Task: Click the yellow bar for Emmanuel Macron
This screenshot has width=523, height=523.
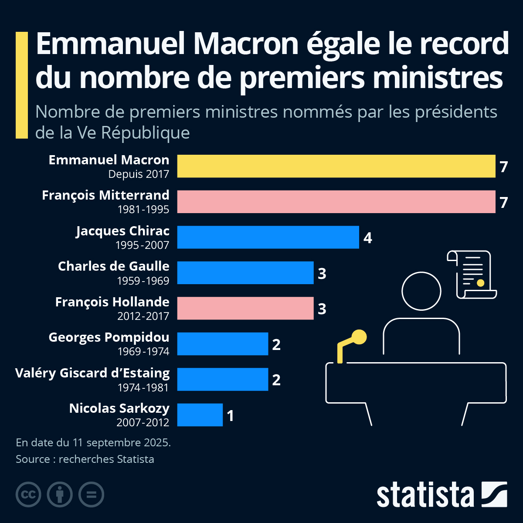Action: [x=336, y=166]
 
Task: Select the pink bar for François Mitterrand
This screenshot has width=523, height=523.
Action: [x=336, y=202]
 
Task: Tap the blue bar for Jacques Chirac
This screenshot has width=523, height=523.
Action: [x=268, y=237]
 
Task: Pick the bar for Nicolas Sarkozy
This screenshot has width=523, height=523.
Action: [x=200, y=415]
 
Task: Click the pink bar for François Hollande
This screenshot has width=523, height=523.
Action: [x=245, y=308]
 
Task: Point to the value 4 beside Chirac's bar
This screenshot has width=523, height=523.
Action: [x=368, y=238]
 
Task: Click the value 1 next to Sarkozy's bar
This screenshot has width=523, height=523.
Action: [x=231, y=416]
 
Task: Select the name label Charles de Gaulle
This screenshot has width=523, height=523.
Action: [x=113, y=266]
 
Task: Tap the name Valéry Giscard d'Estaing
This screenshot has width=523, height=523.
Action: [x=92, y=373]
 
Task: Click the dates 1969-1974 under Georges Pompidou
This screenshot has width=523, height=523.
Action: [x=143, y=351]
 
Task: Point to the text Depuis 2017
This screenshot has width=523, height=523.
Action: [x=139, y=174]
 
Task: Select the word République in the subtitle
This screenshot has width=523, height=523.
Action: [x=146, y=132]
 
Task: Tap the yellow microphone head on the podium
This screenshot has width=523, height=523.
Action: [x=360, y=337]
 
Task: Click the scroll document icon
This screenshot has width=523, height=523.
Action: [x=472, y=275]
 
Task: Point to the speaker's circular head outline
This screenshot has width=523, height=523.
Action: [x=421, y=291]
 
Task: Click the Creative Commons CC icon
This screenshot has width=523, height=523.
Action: [x=28, y=495]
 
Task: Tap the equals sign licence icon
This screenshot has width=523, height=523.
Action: [x=91, y=495]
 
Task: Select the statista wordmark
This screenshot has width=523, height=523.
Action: [x=425, y=495]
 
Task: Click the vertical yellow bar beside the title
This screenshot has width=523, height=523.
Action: [x=22, y=85]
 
